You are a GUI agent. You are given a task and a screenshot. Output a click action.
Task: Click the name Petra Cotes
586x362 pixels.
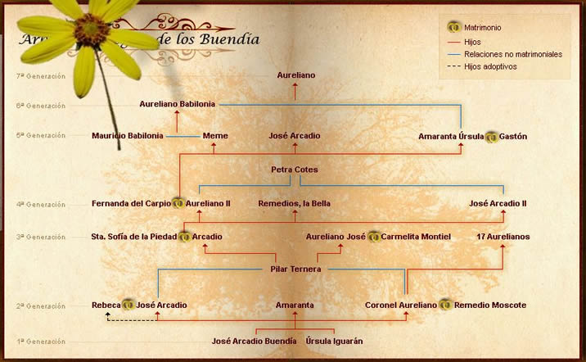(x=295, y=170)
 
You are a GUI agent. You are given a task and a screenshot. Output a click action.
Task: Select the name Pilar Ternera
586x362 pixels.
(x=295, y=269)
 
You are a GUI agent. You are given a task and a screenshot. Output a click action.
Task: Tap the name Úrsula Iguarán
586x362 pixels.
(x=334, y=341)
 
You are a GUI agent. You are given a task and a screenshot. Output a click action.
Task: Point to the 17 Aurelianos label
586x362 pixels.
(x=503, y=237)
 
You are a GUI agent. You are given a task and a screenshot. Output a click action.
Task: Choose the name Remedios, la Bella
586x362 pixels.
(x=295, y=203)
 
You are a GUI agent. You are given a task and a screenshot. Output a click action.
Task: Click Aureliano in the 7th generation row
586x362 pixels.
(x=296, y=75)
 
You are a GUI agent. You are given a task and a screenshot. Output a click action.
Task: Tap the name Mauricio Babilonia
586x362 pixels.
(x=128, y=136)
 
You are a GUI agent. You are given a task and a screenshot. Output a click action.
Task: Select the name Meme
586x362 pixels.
(x=215, y=136)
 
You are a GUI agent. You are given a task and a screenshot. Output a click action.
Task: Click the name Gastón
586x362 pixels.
(x=513, y=136)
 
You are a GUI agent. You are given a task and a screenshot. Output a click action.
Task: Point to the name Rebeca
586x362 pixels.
(x=106, y=305)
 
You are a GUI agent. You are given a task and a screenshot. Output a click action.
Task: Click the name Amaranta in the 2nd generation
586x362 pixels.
(x=295, y=305)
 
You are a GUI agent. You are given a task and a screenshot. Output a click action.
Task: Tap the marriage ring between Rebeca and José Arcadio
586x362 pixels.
(x=128, y=305)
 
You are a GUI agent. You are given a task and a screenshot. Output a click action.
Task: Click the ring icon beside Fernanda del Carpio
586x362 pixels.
(x=178, y=203)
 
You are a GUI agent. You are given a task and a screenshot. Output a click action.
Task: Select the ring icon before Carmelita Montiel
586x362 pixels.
(x=373, y=237)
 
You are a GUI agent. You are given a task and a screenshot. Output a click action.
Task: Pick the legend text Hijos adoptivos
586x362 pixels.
(x=490, y=66)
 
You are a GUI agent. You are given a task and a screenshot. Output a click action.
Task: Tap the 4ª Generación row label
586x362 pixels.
(x=45, y=205)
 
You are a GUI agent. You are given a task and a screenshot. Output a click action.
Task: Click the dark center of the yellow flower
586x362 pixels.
(x=85, y=32)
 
